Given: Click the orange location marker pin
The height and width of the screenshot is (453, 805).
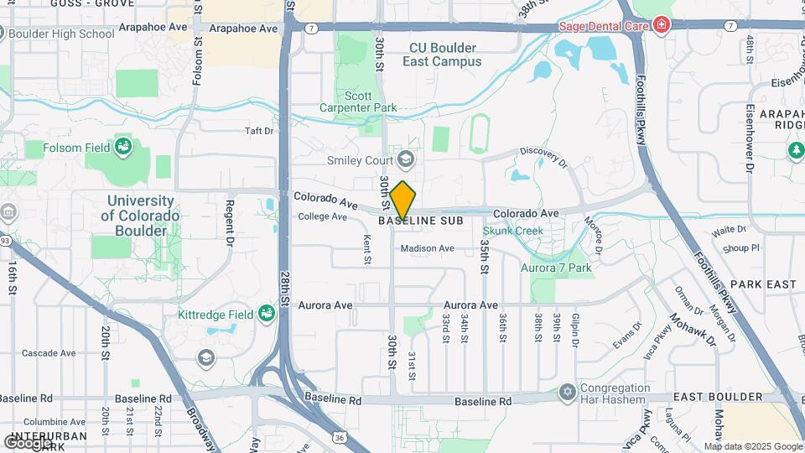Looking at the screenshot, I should (x=402, y=200).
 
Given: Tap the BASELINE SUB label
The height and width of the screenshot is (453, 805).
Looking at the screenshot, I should (x=421, y=221).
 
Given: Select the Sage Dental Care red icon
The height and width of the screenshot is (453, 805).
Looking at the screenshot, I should (x=662, y=25).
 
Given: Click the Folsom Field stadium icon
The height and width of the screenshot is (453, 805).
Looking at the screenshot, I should (x=124, y=148).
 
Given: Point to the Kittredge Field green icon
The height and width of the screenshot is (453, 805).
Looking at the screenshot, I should (x=267, y=315).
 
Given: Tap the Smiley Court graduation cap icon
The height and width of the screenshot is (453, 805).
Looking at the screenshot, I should (x=406, y=159).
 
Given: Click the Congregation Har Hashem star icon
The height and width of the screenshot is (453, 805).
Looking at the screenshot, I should (x=568, y=392).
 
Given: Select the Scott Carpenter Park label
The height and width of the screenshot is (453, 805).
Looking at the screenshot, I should (x=358, y=102).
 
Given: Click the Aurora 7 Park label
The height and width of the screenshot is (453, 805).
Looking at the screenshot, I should (x=556, y=268).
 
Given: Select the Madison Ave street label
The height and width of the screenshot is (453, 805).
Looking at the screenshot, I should (x=427, y=248).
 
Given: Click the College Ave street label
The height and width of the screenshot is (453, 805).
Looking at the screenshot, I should (x=323, y=216).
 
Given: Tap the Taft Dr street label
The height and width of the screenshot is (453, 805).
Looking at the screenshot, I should (x=258, y=131).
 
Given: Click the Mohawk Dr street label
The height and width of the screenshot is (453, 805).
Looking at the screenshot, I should (x=692, y=331).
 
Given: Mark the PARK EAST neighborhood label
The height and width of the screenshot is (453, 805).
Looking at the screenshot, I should (x=768, y=284).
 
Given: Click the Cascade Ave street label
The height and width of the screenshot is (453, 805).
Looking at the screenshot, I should (x=49, y=352).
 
